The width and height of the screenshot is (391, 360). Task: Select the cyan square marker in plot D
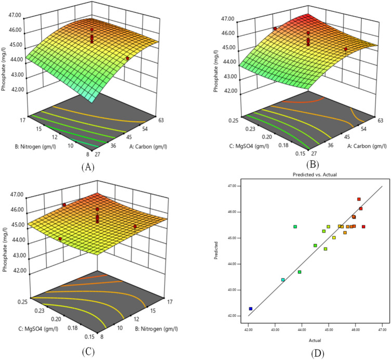pyautogui.click(x=283, y=280)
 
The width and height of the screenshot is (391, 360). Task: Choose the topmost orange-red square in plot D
pyautogui.click(x=359, y=199)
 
